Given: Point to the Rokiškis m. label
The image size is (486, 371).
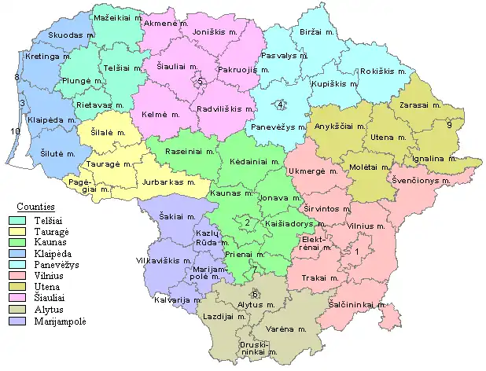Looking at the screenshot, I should pyautogui.click(x=383, y=70).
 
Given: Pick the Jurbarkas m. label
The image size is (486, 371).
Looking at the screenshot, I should pyautogui.click(x=168, y=182).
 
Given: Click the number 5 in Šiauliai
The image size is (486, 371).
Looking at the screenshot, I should pyautogui.click(x=201, y=82).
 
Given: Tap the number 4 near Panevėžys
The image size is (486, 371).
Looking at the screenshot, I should pyautogui.click(x=281, y=105).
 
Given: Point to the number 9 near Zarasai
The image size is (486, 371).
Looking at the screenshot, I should pyautogui.click(x=449, y=125).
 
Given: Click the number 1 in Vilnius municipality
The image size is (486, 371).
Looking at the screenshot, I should pyautogui.click(x=356, y=251).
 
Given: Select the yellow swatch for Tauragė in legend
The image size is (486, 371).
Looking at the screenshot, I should pyautogui.click(x=14, y=231).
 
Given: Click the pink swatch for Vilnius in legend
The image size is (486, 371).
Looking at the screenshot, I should pyautogui.click(x=14, y=277).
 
